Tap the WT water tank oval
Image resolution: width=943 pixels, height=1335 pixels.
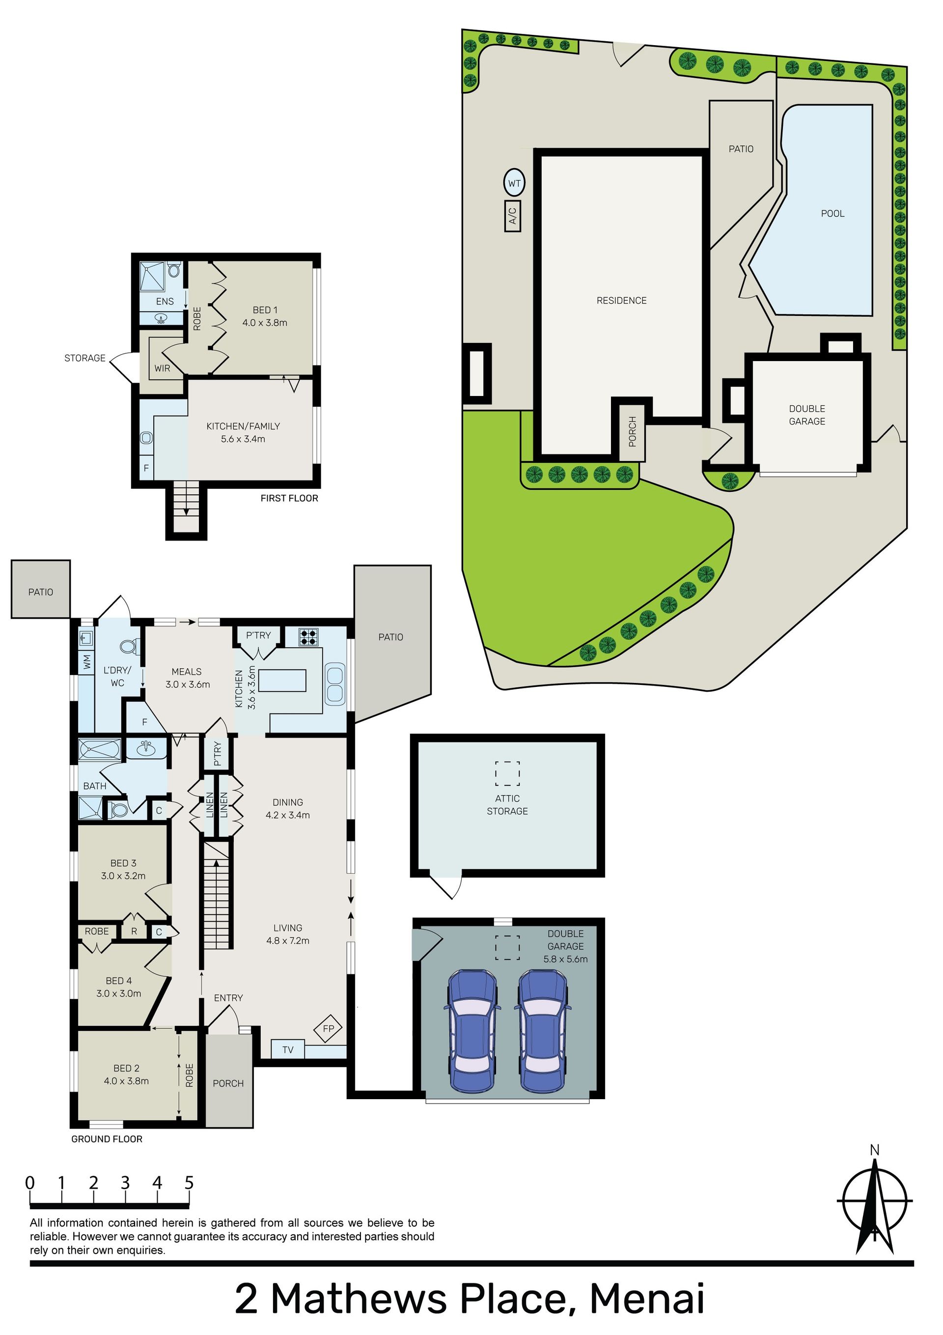coord(514,183)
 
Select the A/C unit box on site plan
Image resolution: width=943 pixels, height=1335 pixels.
coord(512,216)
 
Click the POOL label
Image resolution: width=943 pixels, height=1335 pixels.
coord(832,213)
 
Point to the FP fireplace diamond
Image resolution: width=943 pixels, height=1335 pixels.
coord(329,1028)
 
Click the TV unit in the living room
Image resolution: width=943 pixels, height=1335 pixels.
coord(288,1050)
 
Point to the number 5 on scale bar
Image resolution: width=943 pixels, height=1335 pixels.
coord(189,1183)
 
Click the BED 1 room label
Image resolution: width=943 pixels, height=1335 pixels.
coord(265,310)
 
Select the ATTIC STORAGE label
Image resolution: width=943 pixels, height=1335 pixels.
coord(507,805)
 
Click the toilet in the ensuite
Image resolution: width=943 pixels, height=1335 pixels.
coord(174,270)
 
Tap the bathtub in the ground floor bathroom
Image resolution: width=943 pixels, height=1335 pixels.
coord(100,749)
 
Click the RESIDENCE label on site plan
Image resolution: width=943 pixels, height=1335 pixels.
coord(621,301)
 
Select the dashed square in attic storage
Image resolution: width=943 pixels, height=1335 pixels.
coord(507,773)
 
